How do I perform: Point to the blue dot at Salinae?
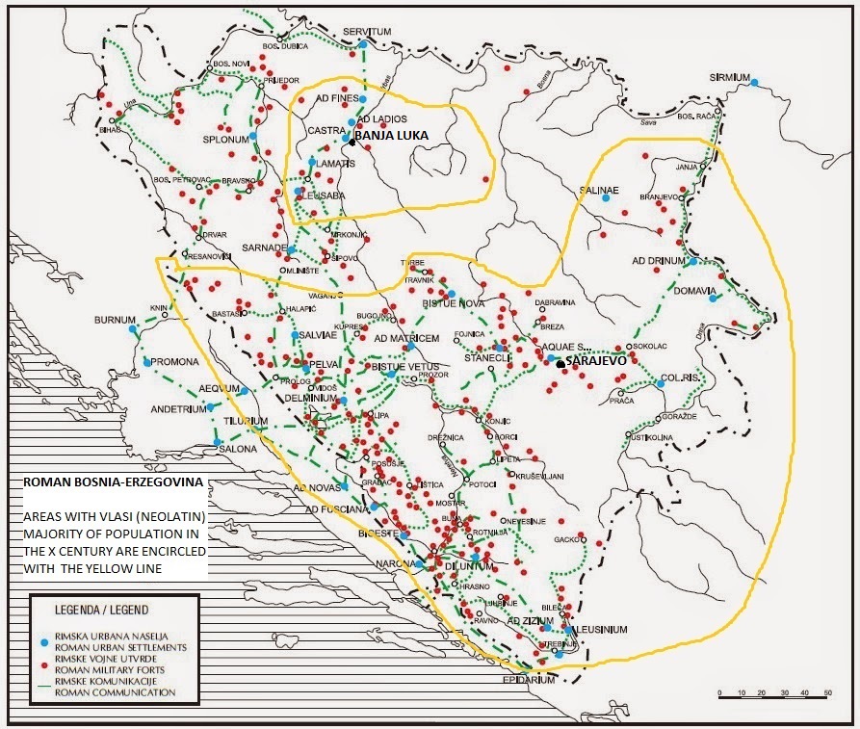point(606,197)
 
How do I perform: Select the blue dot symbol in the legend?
point(43,639)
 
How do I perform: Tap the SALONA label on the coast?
point(238,449)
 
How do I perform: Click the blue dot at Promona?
point(146,362)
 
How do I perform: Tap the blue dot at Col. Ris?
point(661,383)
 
